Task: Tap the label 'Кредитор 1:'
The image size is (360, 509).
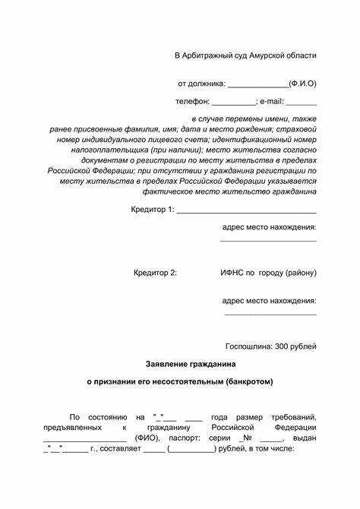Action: tap(153, 208)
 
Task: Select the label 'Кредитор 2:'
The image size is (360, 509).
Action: tap(155, 272)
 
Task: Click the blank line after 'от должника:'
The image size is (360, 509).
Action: tap(257, 84)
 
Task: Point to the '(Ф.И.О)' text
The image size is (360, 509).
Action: tap(302, 83)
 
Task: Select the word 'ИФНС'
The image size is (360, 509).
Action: tap(233, 272)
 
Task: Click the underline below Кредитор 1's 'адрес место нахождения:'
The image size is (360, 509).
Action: tap(268, 241)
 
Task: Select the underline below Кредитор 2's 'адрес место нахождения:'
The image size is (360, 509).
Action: tap(270, 314)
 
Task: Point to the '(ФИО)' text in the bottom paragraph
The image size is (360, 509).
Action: tap(147, 438)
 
